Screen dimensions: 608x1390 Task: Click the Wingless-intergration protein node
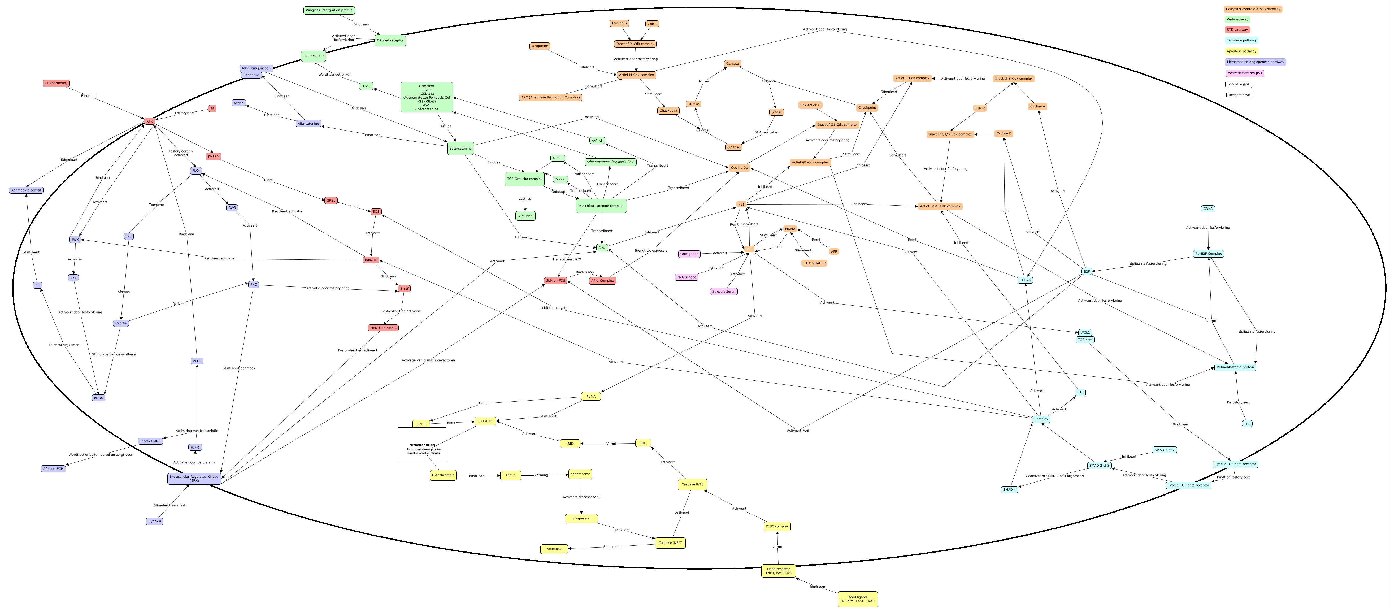329,10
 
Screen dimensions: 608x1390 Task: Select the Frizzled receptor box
390,41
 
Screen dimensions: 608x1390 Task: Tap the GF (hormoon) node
56,83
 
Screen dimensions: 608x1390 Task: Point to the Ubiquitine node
540,46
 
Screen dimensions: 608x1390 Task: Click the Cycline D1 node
739,168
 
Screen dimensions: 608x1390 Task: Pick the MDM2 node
790,229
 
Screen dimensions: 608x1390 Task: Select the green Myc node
602,247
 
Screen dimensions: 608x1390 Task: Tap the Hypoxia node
154,521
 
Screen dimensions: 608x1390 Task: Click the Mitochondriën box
422,445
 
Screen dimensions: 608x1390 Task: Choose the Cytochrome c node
443,475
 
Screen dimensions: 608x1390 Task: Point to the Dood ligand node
857,599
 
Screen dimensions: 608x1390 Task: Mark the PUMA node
591,397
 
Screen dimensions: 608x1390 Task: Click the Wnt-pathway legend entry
1237,19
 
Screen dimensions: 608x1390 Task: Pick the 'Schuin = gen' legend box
1238,84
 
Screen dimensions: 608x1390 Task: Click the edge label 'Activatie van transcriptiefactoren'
428,360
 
